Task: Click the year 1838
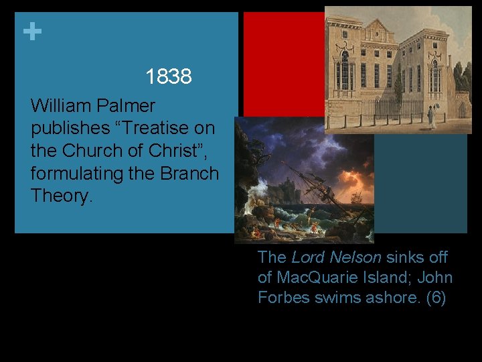(x=169, y=77)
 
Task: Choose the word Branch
(x=189, y=174)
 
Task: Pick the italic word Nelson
(x=357, y=257)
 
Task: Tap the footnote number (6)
(x=436, y=298)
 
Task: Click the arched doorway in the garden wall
(x=462, y=109)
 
